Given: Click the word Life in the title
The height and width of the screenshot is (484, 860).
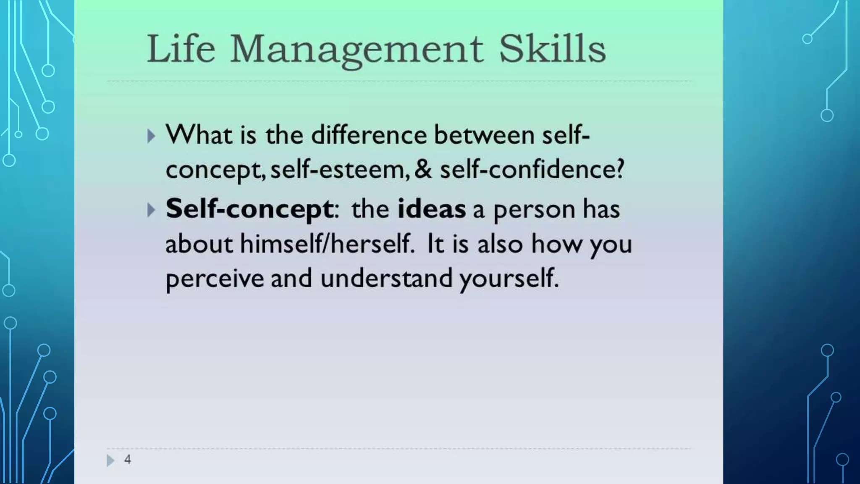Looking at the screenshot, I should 181,49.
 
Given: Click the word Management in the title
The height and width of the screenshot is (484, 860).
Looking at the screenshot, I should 357,50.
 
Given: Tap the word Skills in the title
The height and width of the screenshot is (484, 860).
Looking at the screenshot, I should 552,49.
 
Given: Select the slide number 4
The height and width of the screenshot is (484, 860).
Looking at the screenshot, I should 128,460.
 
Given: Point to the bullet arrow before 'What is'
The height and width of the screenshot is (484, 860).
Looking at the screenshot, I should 151,136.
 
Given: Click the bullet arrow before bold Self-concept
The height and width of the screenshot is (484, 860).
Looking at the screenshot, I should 151,210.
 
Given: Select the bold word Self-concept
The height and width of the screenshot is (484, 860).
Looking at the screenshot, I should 249,209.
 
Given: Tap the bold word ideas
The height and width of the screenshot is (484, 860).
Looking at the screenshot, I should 431,209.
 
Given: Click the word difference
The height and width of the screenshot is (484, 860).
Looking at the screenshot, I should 369,135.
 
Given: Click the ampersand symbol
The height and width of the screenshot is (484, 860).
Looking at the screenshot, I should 423,169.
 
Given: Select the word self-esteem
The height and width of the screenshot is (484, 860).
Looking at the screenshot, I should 338,169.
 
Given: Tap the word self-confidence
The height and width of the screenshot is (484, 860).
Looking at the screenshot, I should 532,169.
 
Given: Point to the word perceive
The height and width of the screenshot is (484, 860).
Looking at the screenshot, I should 215,279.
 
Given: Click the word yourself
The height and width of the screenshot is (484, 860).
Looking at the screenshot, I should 509,279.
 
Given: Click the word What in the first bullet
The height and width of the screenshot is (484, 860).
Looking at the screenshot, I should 199,135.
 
